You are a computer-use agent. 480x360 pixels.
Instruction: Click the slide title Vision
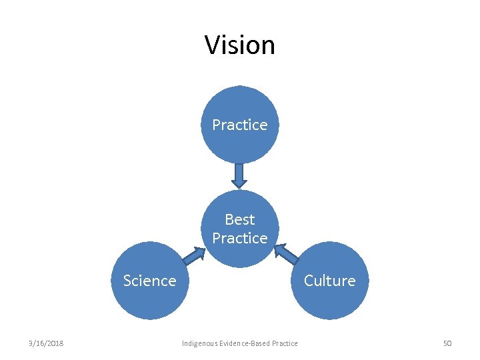click(239, 45)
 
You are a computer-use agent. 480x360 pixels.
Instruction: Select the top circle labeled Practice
click(239, 140)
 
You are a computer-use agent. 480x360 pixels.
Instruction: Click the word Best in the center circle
click(240, 219)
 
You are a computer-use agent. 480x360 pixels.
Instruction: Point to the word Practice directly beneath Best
click(240, 238)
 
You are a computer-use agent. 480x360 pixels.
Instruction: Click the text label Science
click(149, 281)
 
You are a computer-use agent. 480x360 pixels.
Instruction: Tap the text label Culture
click(329, 281)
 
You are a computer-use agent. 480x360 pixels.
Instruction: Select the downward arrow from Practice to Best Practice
click(239, 175)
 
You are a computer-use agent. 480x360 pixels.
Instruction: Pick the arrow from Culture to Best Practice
click(287, 255)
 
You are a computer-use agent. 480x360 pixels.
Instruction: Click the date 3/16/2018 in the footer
click(46, 343)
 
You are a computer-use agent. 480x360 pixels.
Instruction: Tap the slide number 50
click(447, 343)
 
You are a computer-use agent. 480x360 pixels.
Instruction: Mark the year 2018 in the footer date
click(55, 343)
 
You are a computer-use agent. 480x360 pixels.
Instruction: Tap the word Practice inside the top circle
click(240, 125)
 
